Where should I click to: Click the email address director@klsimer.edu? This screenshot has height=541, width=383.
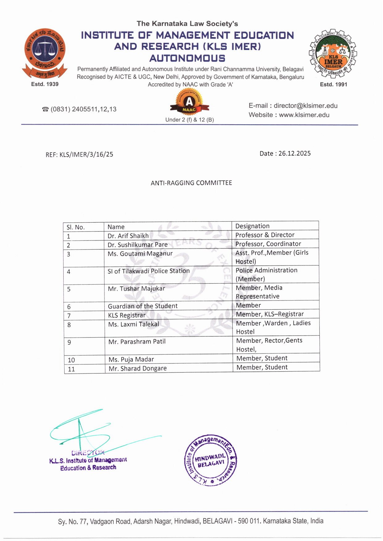click(x=305, y=106)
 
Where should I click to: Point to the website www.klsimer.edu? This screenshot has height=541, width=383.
click(x=304, y=115)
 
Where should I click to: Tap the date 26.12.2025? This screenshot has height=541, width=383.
click(x=294, y=154)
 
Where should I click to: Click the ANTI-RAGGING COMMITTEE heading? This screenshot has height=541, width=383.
click(x=191, y=183)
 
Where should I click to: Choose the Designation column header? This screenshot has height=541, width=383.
click(x=252, y=226)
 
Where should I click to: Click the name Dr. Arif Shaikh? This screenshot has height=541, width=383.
click(x=128, y=236)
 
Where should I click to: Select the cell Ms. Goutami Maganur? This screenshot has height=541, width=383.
click(x=140, y=254)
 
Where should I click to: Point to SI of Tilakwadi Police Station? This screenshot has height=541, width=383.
click(x=149, y=271)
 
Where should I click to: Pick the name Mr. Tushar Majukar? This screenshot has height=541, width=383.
click(x=137, y=289)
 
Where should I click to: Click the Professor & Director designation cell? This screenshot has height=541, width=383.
click(x=265, y=235)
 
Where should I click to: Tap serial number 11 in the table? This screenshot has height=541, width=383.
click(x=71, y=369)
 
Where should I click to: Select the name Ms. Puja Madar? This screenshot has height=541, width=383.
click(x=131, y=360)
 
